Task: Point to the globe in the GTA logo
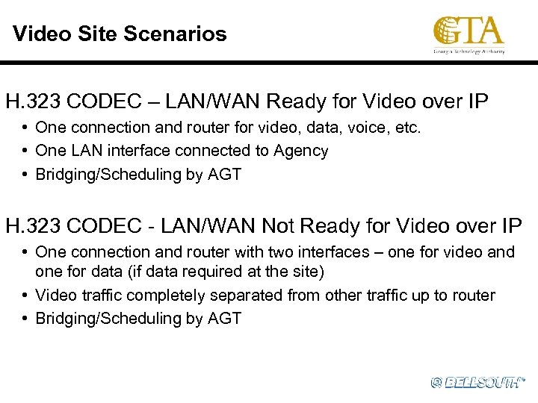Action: pyautogui.click(x=448, y=32)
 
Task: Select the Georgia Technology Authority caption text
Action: pyautogui.click(x=469, y=51)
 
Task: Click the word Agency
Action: pyautogui.click(x=300, y=151)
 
